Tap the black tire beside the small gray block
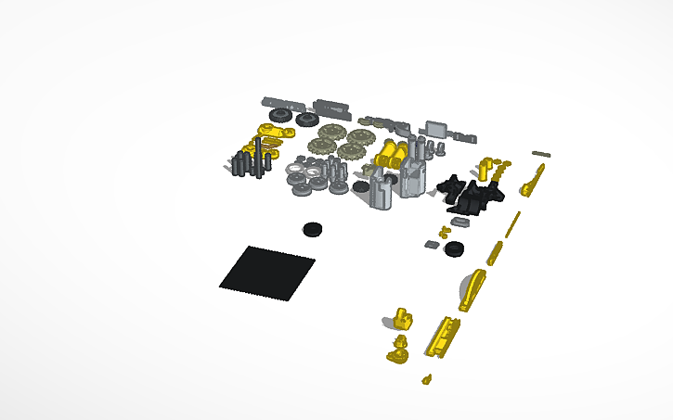pyautogui.click(x=454, y=248)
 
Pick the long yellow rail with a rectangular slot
pyautogui.click(x=442, y=335)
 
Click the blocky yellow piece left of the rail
pyautogui.click(x=403, y=319)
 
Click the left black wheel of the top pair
pyautogui.click(x=278, y=116)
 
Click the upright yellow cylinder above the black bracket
pyautogui.click(x=486, y=168)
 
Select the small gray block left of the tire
pyautogui.click(x=432, y=245)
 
